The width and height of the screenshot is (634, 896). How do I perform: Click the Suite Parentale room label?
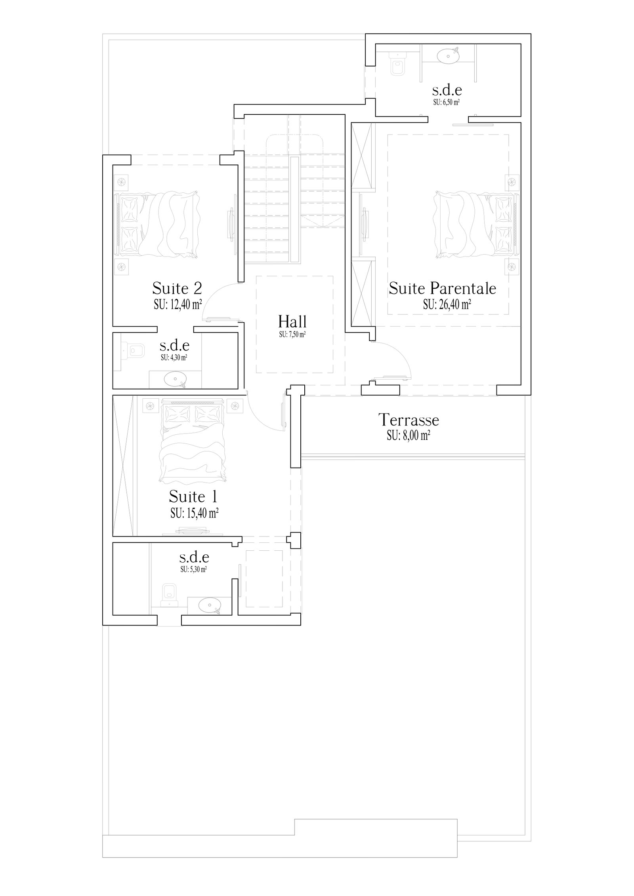[442, 288]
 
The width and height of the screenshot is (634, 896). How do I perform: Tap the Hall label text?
[292, 321]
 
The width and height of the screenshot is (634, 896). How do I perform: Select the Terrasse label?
[409, 419]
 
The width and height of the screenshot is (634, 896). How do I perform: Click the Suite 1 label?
[193, 497]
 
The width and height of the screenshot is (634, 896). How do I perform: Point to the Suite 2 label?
[177, 287]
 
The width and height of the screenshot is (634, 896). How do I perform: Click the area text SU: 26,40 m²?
[447, 304]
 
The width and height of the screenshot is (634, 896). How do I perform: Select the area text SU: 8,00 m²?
[409, 436]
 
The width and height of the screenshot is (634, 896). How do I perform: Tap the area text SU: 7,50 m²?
[292, 335]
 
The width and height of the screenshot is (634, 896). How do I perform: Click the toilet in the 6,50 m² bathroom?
[397, 65]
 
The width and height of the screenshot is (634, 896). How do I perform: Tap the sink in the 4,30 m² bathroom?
[175, 379]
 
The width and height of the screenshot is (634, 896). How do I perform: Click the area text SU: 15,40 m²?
[195, 514]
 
